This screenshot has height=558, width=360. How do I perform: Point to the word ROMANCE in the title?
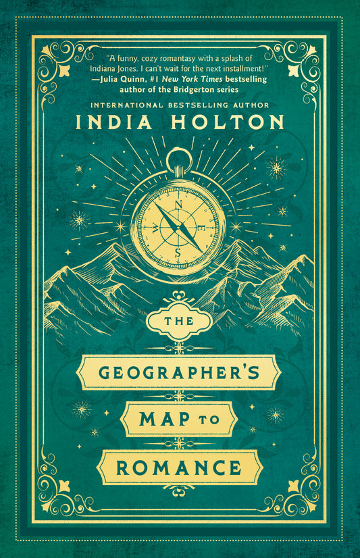click(x=179, y=467)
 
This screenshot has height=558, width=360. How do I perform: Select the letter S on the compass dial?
click(x=178, y=253)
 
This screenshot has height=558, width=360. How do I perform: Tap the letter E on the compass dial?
click(x=203, y=227)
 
